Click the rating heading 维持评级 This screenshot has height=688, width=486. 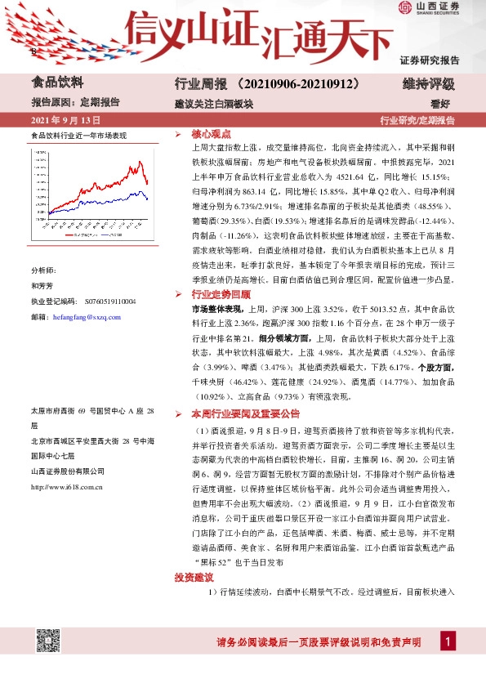point(428,83)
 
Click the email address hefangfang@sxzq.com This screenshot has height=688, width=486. point(87,317)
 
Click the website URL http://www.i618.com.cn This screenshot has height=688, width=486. point(66,487)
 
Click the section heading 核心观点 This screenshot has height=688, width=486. point(210,134)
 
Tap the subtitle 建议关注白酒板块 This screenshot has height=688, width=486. point(214,104)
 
